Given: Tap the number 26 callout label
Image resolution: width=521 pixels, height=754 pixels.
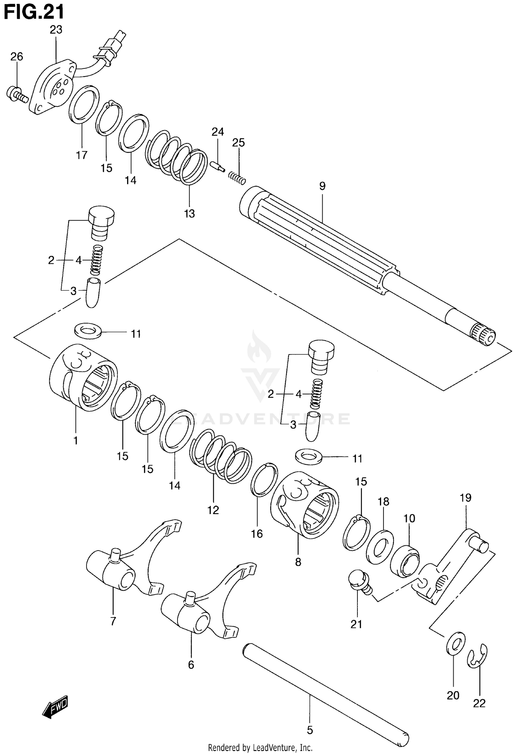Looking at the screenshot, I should (16, 57).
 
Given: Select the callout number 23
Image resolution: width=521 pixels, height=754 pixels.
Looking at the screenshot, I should (56, 30).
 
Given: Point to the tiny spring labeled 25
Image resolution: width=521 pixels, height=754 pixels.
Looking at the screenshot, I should (237, 178).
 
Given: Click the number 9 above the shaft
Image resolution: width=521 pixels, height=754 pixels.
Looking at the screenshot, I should (322, 186).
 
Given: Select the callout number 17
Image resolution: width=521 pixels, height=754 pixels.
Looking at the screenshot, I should (82, 155).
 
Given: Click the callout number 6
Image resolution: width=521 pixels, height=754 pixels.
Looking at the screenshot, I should (191, 665).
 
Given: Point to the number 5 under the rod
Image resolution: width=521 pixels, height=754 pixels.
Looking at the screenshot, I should (310, 730).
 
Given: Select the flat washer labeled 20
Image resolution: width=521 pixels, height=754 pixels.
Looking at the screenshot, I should (455, 644).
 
